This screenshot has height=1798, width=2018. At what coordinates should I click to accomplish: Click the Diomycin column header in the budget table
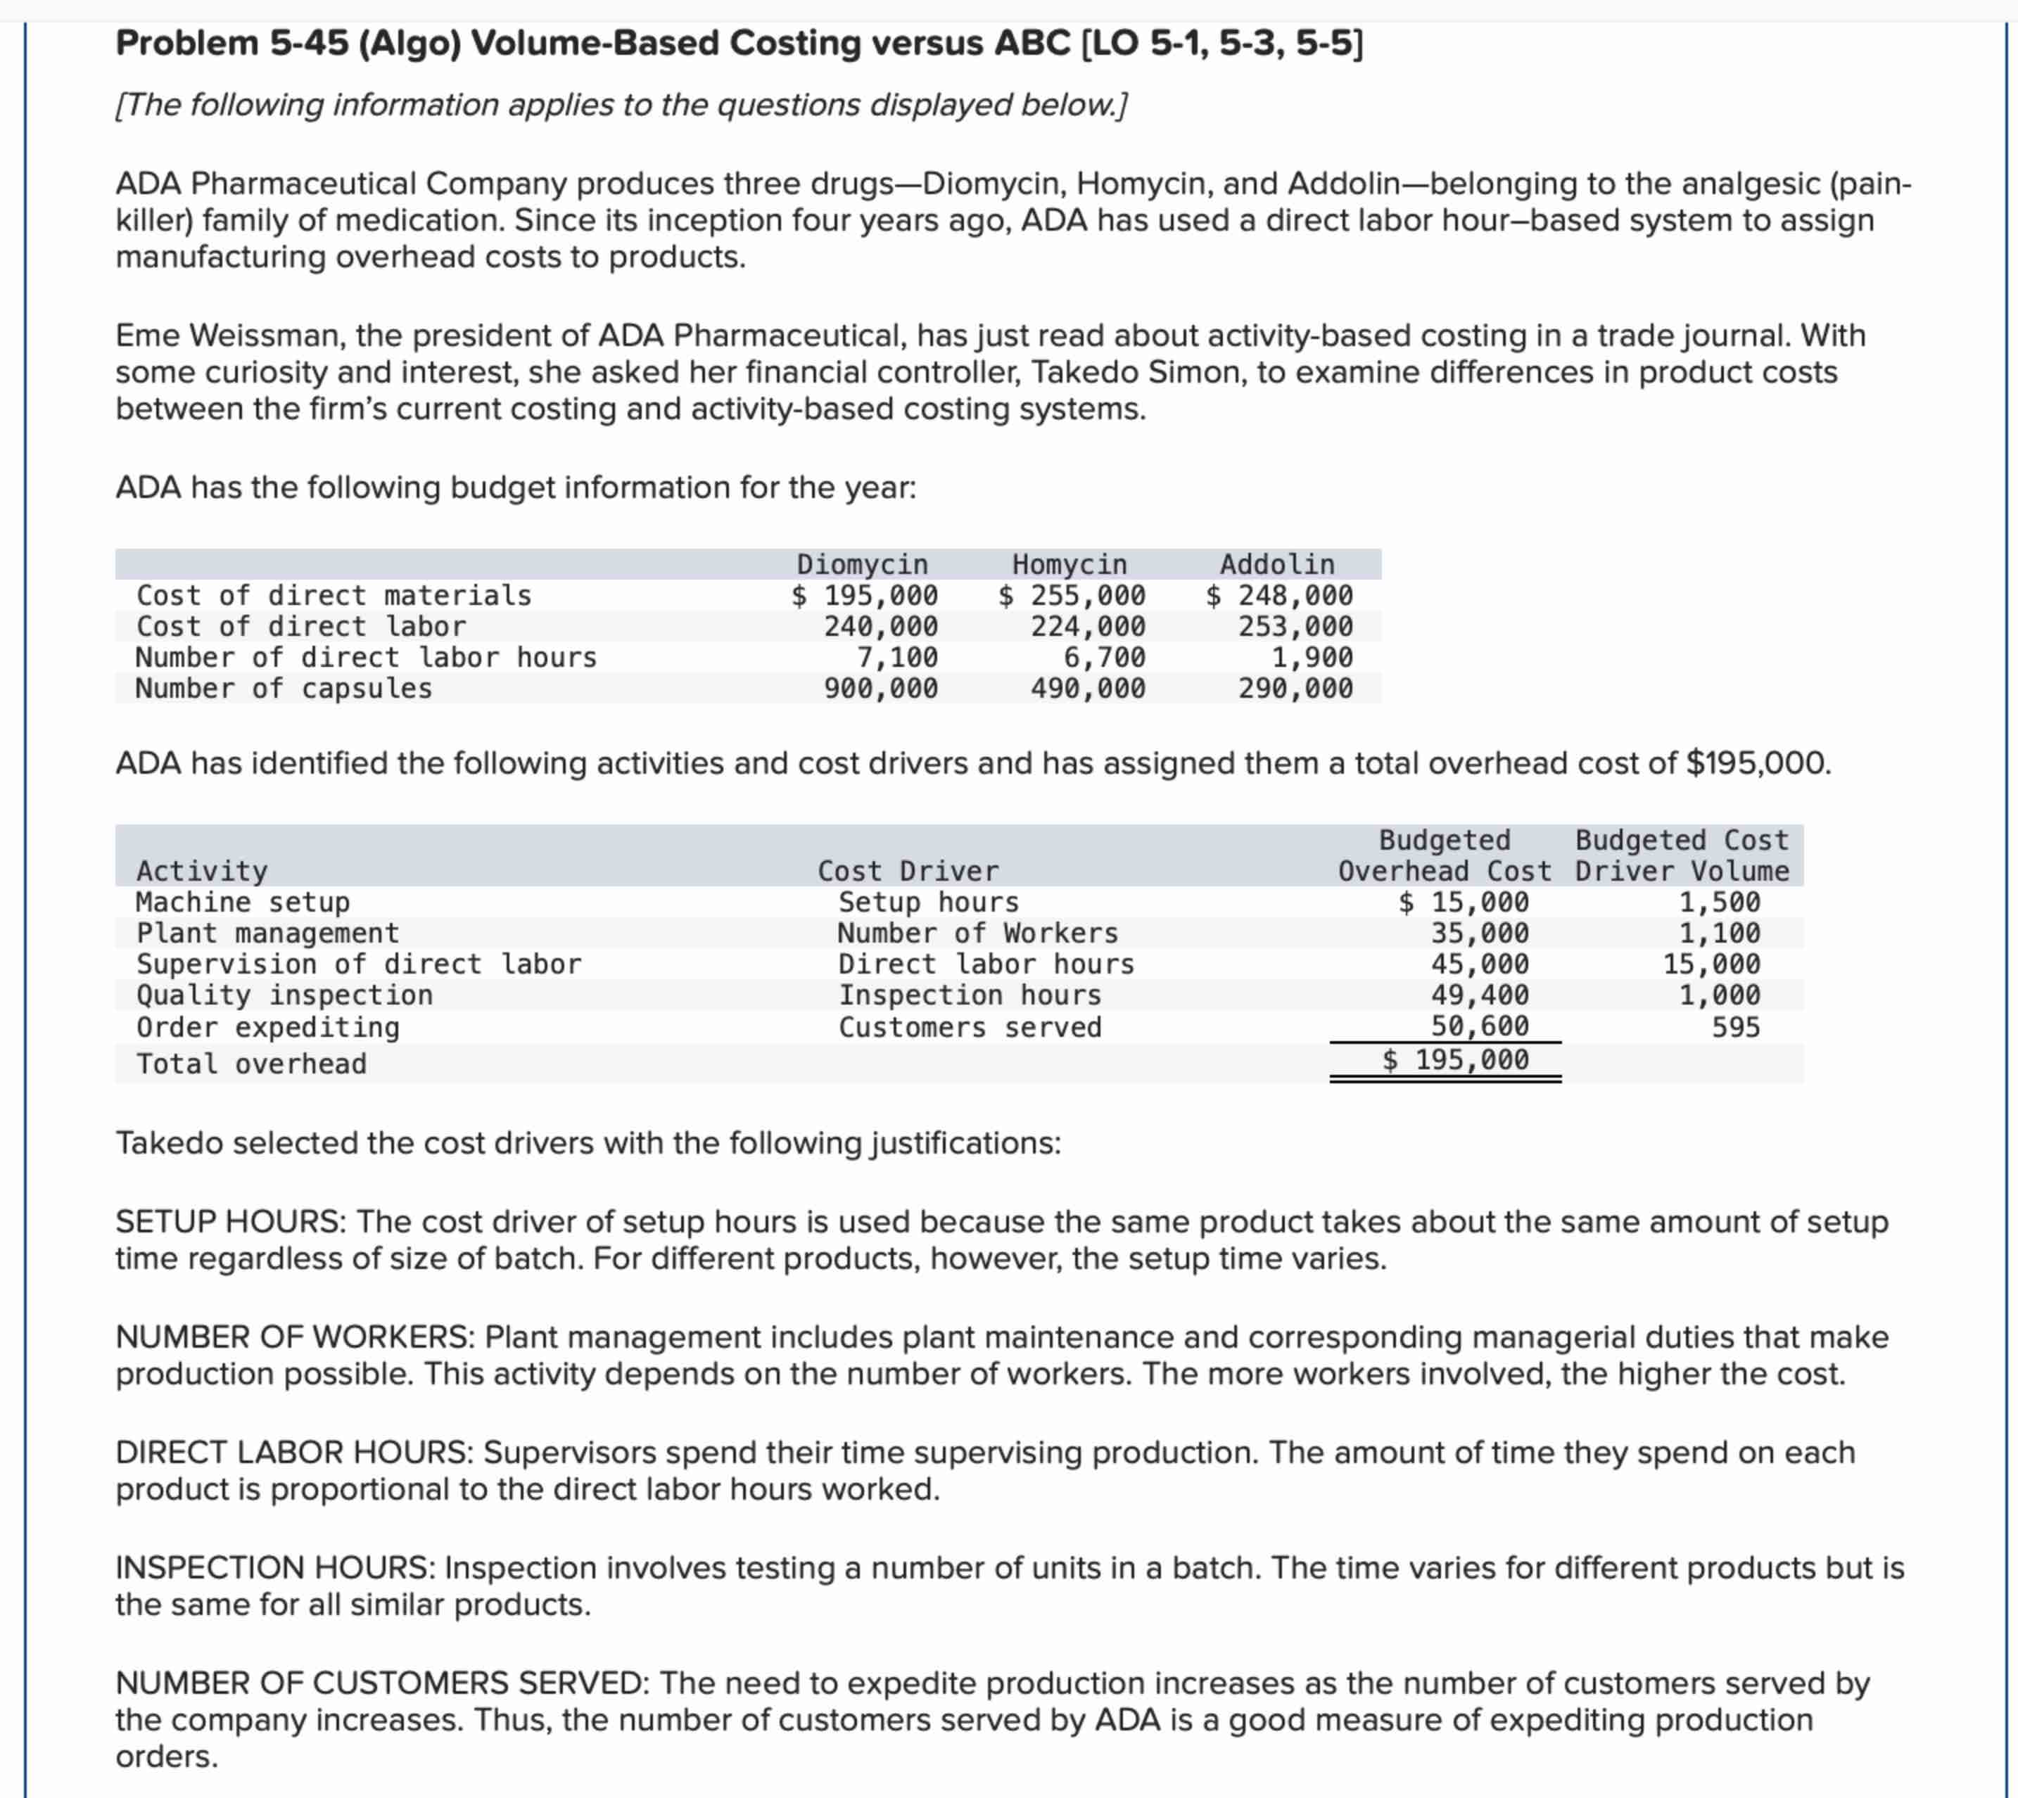pyautogui.click(x=862, y=564)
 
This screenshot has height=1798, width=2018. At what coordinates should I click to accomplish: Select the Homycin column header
pyautogui.click(x=1070, y=564)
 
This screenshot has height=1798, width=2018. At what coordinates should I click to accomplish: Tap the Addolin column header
pyautogui.click(x=1277, y=564)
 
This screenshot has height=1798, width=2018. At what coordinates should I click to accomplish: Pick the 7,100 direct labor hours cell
pyautogui.click(x=897, y=657)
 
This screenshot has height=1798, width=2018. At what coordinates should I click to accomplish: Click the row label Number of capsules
pyautogui.click(x=284, y=689)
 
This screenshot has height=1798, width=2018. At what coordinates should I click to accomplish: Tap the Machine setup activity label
pyautogui.click(x=243, y=902)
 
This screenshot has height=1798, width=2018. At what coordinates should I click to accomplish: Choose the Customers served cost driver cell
pyautogui.click(x=970, y=1028)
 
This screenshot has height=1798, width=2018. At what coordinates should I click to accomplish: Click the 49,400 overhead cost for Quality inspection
pyautogui.click(x=1480, y=995)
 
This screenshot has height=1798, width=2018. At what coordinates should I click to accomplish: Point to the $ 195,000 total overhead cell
pyautogui.click(x=1456, y=1060)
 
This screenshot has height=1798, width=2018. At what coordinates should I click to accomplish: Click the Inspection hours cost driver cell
pyautogui.click(x=970, y=995)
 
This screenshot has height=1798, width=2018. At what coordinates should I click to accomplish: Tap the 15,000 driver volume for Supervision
pyautogui.click(x=1711, y=964)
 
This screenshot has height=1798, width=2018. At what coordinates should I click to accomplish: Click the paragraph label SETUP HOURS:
pyautogui.click(x=231, y=1222)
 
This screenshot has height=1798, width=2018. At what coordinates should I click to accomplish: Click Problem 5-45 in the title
pyautogui.click(x=231, y=44)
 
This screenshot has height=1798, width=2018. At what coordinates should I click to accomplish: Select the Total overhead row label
pyautogui.click(x=251, y=1064)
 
